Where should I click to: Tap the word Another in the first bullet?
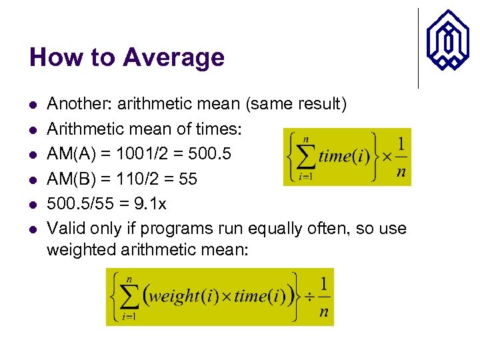[x=75, y=104]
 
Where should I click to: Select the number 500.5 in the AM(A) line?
[x=208, y=154]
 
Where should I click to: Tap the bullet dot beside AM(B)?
[x=32, y=179]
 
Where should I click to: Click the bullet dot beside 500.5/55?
[x=32, y=204]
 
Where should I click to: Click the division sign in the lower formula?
[x=308, y=297]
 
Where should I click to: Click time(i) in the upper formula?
[x=344, y=157]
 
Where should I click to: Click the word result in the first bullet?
[x=319, y=104]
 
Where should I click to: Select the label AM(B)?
[x=66, y=179]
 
